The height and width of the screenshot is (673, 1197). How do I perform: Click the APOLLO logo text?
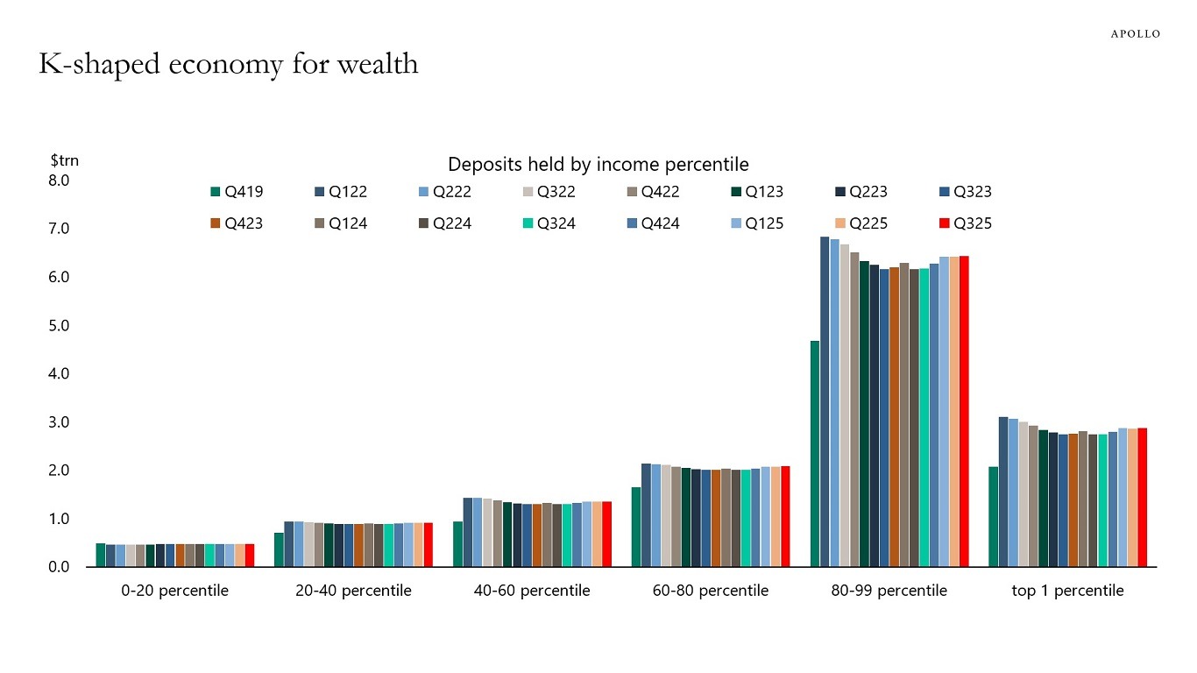[1135, 33]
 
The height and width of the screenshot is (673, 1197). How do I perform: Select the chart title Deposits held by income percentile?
[598, 164]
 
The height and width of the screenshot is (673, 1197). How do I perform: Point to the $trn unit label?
[64, 160]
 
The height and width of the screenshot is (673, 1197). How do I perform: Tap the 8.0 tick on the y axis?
[58, 181]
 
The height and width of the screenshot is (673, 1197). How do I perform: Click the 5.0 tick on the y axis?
[58, 326]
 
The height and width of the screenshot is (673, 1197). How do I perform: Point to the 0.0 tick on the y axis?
[58, 567]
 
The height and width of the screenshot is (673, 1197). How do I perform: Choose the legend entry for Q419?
[236, 192]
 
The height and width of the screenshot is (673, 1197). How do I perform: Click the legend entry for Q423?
[236, 223]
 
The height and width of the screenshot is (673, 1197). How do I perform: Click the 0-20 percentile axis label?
[174, 591]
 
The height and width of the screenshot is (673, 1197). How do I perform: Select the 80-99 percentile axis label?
[889, 591]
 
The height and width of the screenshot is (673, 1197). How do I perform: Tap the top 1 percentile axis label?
[1067, 591]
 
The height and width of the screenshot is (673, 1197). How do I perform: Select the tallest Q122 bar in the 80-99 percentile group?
[825, 403]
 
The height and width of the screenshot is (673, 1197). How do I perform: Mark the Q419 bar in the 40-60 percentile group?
[457, 544]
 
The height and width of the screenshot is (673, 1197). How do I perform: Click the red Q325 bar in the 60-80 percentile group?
[785, 517]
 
